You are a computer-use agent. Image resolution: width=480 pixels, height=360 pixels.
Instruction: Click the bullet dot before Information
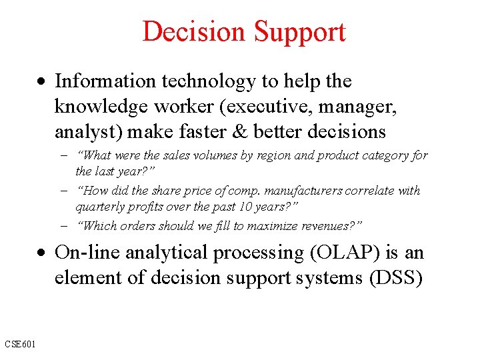(42, 82)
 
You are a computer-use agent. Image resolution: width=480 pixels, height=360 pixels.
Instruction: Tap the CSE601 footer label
(20, 343)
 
